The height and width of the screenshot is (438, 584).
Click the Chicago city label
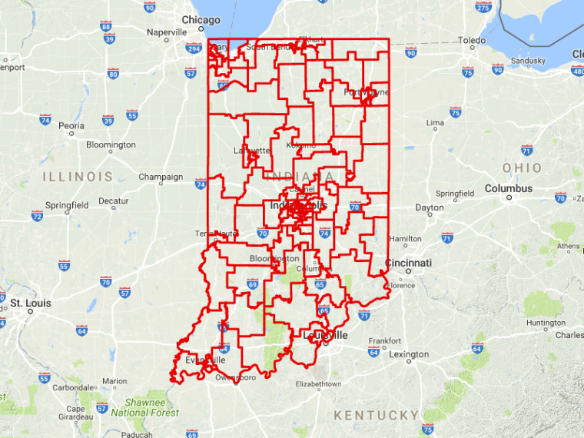click(x=201, y=20)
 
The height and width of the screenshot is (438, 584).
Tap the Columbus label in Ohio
click(x=508, y=188)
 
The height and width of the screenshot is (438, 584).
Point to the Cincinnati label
click(x=409, y=263)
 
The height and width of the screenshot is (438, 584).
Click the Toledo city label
click(x=471, y=40)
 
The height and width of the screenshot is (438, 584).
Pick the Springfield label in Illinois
click(x=66, y=205)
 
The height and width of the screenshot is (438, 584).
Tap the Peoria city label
click(x=71, y=125)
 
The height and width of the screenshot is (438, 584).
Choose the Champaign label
click(x=161, y=177)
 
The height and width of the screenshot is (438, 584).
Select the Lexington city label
click(x=409, y=354)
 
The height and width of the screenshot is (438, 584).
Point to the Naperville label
click(x=167, y=32)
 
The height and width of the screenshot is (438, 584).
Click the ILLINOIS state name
click(x=78, y=177)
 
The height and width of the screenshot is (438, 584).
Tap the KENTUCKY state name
click(x=376, y=415)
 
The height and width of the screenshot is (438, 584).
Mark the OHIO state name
click(x=522, y=168)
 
